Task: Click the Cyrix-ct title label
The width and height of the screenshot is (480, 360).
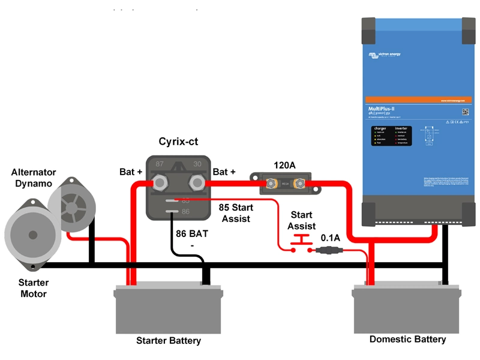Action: [x=178, y=142]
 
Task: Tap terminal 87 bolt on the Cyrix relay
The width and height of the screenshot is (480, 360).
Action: [x=161, y=181]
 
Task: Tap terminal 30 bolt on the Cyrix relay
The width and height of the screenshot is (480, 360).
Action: [x=197, y=181]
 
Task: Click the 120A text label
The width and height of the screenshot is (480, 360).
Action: [x=286, y=164]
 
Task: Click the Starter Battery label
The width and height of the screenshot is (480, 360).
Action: [x=169, y=341]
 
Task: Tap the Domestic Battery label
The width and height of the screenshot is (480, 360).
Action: [x=407, y=339]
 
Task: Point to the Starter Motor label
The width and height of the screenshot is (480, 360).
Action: [x=34, y=288]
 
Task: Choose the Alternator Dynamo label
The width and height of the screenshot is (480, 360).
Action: [x=34, y=178]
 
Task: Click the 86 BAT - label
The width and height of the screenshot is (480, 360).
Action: [x=191, y=239]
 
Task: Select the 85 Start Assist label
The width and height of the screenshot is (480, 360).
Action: [x=236, y=213]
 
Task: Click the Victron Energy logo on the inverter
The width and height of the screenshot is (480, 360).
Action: [x=385, y=55]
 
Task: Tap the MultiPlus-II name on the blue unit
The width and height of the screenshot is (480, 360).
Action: [x=382, y=109]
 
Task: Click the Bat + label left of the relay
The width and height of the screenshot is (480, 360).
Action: [x=131, y=172]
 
